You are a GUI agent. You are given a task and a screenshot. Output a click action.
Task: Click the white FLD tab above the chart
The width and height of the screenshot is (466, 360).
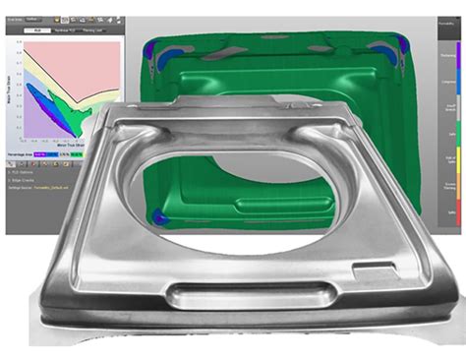(35, 30)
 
